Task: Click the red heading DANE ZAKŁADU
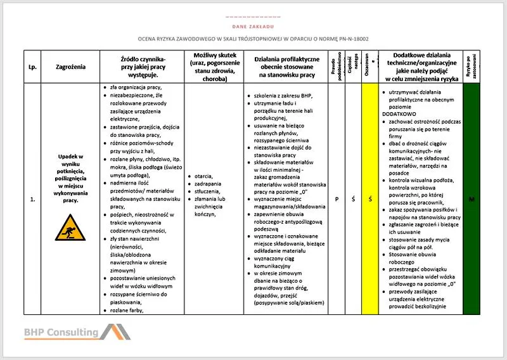[x=253, y=27]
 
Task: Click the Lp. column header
[x=32, y=67]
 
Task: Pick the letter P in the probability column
[x=337, y=199]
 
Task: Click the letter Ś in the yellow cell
[x=369, y=199]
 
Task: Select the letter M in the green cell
[x=472, y=199]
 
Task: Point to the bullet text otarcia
[x=204, y=176]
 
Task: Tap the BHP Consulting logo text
[x=61, y=331]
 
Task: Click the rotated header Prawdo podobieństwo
[x=337, y=67]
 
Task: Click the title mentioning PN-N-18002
[x=253, y=39]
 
